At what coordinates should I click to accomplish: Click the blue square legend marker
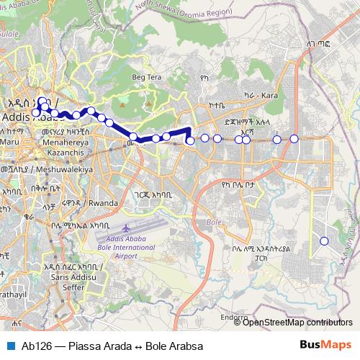(x=9, y=346)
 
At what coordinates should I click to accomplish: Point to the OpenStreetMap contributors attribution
(x=297, y=323)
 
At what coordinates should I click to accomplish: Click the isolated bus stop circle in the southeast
(x=324, y=240)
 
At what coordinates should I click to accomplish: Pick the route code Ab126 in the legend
(x=35, y=346)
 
